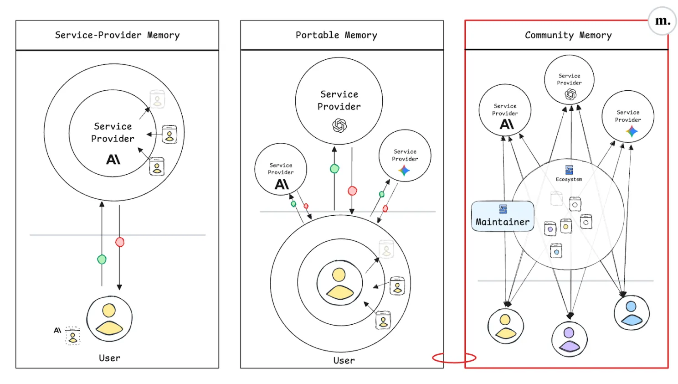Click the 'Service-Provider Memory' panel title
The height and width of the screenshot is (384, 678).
click(x=117, y=35)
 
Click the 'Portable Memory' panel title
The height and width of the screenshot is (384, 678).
click(x=336, y=35)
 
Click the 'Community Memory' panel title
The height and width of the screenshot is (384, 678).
click(x=568, y=35)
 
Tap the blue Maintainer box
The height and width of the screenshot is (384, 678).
click(x=503, y=216)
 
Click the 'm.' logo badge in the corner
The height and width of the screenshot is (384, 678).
click(x=662, y=21)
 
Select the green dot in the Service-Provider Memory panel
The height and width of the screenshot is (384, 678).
click(x=102, y=259)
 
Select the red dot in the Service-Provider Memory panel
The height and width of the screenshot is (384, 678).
click(x=120, y=242)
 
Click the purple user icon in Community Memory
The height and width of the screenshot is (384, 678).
click(x=569, y=338)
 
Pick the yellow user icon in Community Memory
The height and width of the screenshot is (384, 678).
click(x=505, y=326)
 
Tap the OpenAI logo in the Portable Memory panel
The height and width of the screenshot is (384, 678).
click(x=339, y=125)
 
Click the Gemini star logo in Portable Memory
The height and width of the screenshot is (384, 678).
click(x=404, y=171)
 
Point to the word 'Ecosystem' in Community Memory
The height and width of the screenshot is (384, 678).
click(x=569, y=179)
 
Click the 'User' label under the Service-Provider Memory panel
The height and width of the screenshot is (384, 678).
click(x=110, y=358)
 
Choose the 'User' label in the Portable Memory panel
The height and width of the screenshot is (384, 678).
click(x=344, y=360)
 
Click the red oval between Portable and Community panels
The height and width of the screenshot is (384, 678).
click(x=454, y=358)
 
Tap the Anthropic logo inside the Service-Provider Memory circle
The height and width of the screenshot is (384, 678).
click(x=113, y=159)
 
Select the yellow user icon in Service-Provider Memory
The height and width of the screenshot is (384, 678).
click(x=109, y=318)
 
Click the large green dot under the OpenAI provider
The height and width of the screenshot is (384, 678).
click(x=334, y=169)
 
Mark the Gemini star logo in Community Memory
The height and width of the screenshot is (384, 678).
click(x=632, y=132)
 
